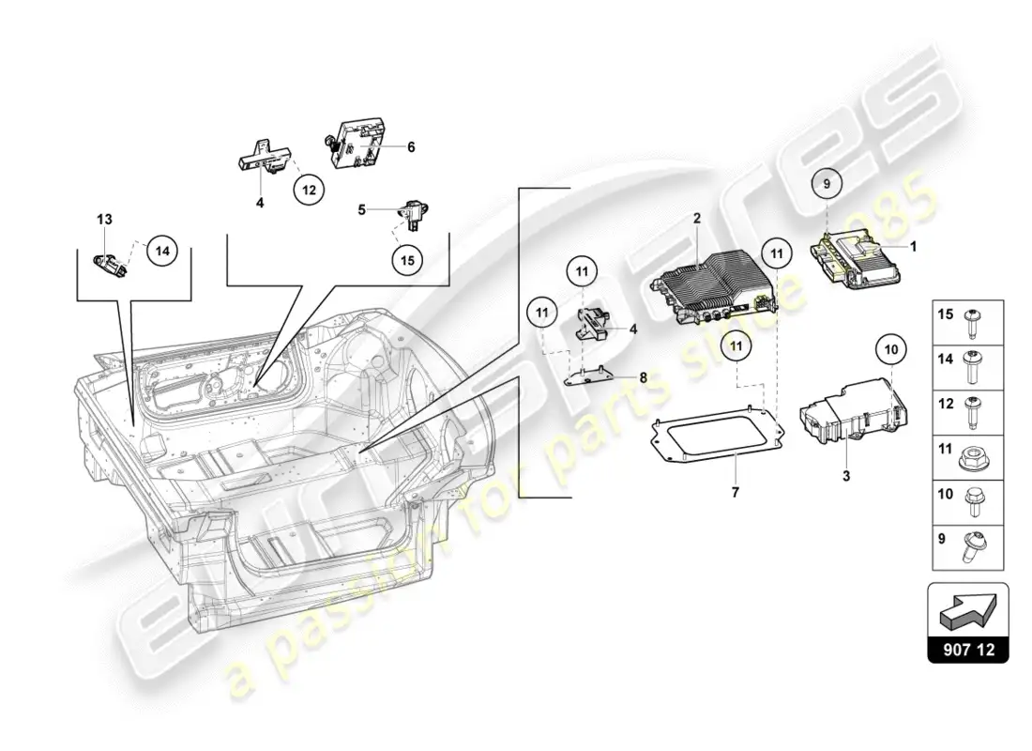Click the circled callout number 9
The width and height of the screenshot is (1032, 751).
pos(827,184)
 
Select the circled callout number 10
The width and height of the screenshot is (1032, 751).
pos(891,349)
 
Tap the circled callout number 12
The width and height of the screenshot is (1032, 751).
pos(309,190)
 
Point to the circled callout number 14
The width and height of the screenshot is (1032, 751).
pos(162,251)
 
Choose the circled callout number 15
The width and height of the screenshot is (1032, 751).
pos(407,260)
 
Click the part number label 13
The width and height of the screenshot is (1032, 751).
pos(105,219)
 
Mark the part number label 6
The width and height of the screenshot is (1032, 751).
pos(411,146)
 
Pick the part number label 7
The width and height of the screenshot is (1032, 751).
pos(736,492)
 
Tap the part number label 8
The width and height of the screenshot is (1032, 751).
pos(643,377)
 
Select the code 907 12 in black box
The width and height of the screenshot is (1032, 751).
pos(968,650)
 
